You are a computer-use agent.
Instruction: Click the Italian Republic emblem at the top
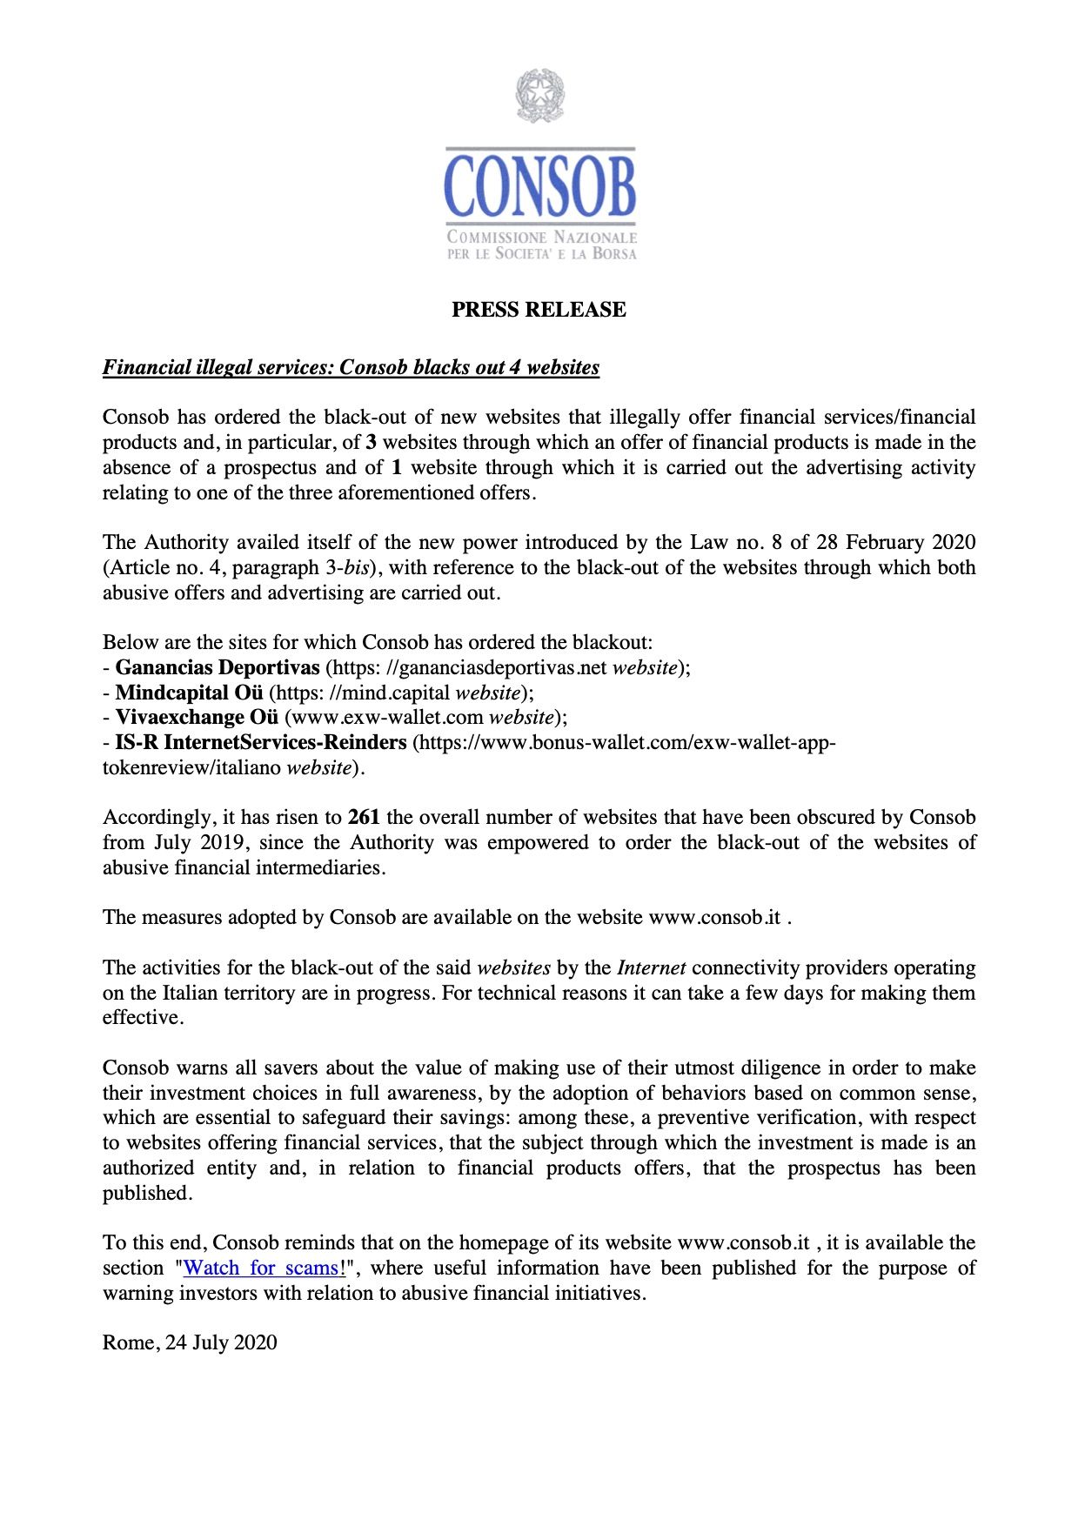coord(539,95)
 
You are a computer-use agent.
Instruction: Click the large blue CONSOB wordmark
coord(539,185)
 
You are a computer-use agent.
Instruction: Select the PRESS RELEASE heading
coord(539,310)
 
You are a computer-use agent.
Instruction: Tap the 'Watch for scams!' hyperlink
coord(264,1268)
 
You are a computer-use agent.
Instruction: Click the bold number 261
coord(364,817)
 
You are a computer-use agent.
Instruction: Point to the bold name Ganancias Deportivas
coord(218,667)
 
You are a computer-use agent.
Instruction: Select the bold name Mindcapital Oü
coord(189,693)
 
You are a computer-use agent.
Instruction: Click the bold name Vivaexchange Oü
coord(197,717)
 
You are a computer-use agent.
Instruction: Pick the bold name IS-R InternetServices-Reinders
coord(261,742)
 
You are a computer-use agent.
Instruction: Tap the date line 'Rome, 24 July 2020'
coord(190,1342)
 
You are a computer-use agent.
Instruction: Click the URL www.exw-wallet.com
coord(384,717)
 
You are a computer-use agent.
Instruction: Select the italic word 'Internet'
coord(652,967)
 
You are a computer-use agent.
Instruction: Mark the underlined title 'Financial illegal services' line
coord(351,367)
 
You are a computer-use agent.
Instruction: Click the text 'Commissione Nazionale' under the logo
coord(541,238)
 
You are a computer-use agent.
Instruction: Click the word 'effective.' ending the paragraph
coord(143,1017)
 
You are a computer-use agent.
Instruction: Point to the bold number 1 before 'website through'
coord(397,467)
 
